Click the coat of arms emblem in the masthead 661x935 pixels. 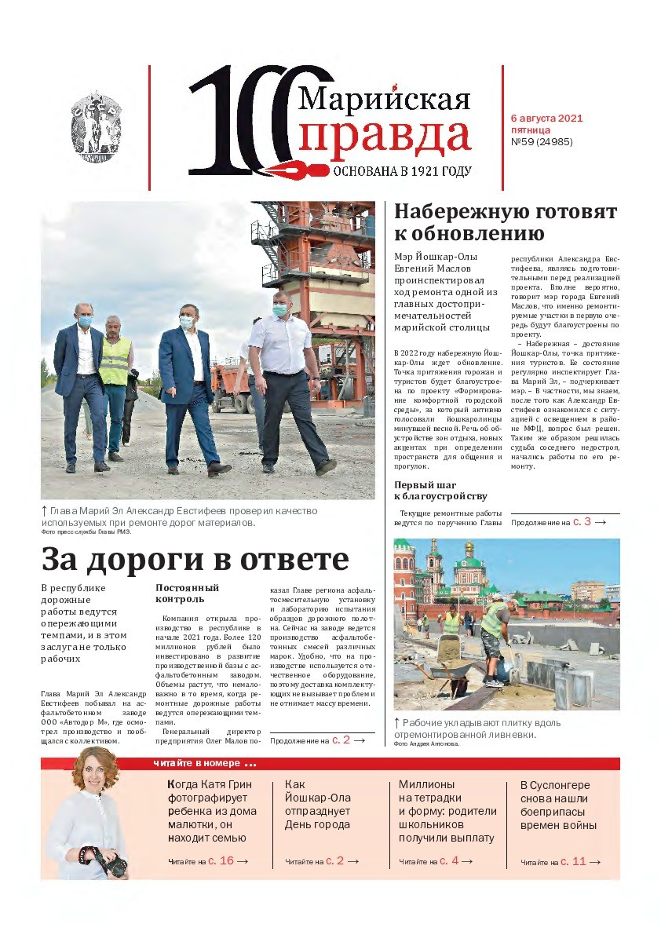click(97, 126)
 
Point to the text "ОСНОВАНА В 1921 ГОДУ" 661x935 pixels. click(402, 171)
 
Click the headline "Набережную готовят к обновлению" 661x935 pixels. click(505, 223)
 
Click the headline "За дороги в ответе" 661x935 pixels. click(195, 559)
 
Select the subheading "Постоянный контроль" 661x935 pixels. click(187, 594)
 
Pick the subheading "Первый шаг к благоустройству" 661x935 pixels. click(440, 491)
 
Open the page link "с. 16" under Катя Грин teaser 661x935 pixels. click(221, 861)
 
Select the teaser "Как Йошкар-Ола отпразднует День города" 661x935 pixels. click(318, 805)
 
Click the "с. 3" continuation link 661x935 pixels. click(581, 520)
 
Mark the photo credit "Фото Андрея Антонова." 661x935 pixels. click(426, 743)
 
